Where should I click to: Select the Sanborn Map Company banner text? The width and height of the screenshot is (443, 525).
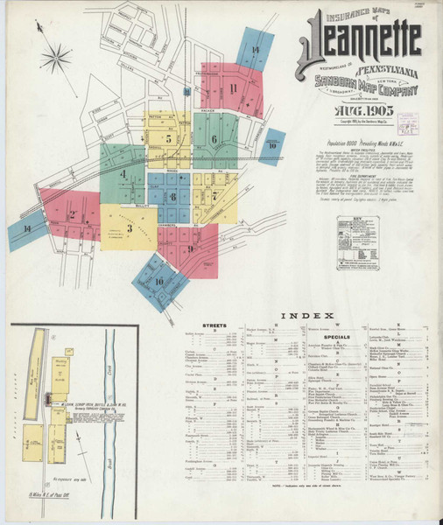point(366,86)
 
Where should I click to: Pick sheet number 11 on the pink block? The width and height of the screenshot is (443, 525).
point(233,88)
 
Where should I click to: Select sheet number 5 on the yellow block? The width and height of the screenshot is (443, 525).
point(168,138)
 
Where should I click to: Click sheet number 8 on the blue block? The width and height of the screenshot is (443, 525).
point(173,197)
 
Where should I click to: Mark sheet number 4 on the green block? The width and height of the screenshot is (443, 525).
point(123,175)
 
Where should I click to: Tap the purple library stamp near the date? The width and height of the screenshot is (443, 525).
point(407,122)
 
